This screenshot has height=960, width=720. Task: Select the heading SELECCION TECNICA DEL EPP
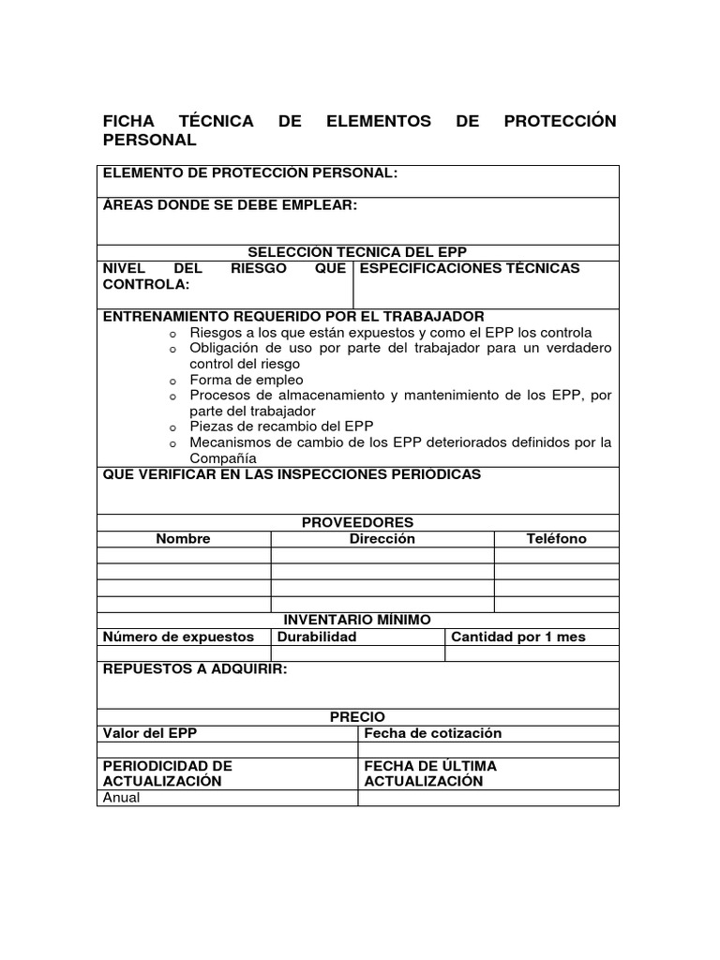tap(357, 252)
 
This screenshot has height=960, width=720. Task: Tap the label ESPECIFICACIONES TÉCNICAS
tap(470, 268)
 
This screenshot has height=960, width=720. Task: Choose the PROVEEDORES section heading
tap(357, 522)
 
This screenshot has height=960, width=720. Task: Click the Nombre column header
tap(184, 538)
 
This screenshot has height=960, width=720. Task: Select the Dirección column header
tap(382, 538)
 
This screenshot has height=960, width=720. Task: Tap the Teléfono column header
tap(556, 538)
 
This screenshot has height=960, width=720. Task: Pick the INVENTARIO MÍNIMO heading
tap(357, 620)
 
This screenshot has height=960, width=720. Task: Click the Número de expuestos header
tap(178, 637)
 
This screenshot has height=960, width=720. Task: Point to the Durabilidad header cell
tap(317, 637)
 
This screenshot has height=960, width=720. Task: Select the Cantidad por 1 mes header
tap(518, 637)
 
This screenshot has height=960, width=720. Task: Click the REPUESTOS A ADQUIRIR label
tap(195, 669)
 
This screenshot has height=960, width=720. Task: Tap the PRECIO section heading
tap(357, 717)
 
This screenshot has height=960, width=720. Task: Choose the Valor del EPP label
tap(150, 733)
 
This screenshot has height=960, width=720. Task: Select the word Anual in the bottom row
tap(121, 798)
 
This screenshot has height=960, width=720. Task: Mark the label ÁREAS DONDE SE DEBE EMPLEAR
tap(230, 205)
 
